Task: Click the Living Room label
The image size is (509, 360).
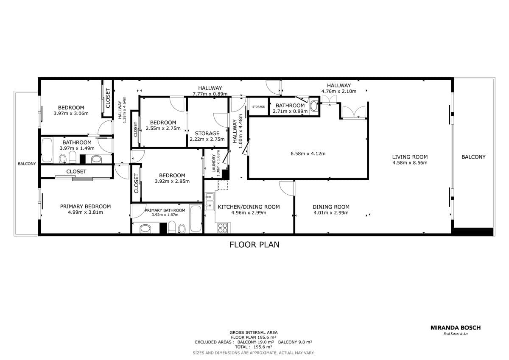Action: click(x=410, y=157)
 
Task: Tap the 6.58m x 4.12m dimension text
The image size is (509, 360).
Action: click(x=308, y=153)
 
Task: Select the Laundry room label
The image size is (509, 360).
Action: click(x=214, y=163)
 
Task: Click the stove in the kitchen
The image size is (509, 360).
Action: click(x=223, y=228)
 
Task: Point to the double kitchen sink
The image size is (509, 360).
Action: click(x=210, y=202)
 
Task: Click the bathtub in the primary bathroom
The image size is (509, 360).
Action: click(x=196, y=219)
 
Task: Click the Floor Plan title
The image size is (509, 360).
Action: click(x=254, y=245)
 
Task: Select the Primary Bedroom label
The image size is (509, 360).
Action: click(x=85, y=207)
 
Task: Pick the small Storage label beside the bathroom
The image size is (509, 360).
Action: click(x=258, y=106)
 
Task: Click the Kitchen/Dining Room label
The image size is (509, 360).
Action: click(x=249, y=207)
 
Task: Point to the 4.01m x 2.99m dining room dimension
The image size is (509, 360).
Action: click(x=331, y=212)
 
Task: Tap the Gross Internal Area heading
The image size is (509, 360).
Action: click(x=254, y=332)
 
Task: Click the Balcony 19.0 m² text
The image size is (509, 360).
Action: click(x=256, y=342)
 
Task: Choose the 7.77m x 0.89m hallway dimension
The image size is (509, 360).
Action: click(x=210, y=94)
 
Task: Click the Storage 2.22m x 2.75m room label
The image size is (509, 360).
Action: click(x=207, y=136)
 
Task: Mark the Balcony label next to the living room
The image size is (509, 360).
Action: click(x=473, y=157)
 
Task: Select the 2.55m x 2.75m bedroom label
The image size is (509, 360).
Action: click(x=163, y=126)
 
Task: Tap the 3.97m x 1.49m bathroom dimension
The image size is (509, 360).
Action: click(x=77, y=148)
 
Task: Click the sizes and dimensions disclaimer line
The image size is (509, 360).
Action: click(x=254, y=353)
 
